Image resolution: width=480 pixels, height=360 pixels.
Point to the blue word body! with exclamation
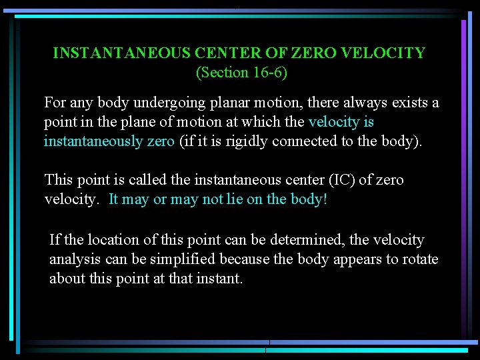309,199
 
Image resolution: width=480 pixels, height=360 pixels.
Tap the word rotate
420,259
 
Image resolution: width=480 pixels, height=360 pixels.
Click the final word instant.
221,278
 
